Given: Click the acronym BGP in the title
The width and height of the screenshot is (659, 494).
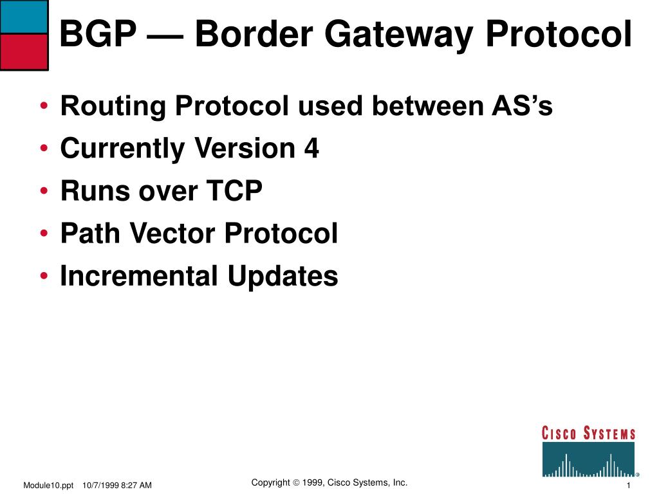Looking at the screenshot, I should coord(97,35).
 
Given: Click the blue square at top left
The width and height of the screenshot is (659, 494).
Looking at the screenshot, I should coord(24,17).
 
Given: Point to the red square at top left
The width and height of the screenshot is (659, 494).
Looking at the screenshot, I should coord(24,51).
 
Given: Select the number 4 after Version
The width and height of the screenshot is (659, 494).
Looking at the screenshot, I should coord(311,149).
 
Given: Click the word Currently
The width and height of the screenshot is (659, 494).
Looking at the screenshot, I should coord(122,149).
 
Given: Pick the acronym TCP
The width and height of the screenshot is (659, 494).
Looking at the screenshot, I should coord(234,191).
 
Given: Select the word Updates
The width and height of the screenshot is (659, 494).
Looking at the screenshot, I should coord(283,277).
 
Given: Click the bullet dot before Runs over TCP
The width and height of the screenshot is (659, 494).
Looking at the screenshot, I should coord(44,192).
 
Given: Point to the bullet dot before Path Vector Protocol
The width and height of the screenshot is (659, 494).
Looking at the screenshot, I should coord(44,234).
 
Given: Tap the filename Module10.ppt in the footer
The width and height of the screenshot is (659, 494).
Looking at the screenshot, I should coord(48,485).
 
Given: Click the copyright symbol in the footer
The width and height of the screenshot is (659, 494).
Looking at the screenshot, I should coord(297,483).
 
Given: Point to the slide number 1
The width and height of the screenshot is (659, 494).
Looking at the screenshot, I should coord(627,485).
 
